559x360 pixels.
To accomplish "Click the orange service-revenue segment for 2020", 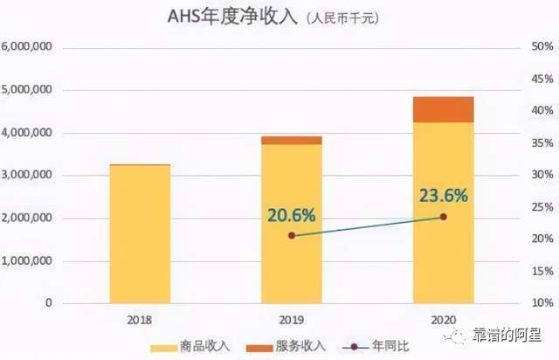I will click(x=443, y=109).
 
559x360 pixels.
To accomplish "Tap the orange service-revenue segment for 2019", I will click(x=292, y=140).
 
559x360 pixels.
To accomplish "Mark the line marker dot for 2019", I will click(x=292, y=236).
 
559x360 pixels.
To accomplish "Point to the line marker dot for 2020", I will click(x=443, y=217).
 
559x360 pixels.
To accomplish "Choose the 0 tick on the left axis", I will click(x=49, y=303).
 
